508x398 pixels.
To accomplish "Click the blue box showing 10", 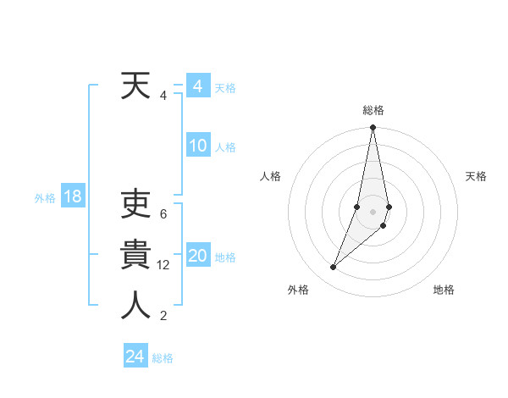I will coord(198,146).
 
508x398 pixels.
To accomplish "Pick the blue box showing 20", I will coord(198,256).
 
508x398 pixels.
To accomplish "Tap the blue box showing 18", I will coord(73,197).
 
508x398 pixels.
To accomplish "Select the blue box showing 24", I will coord(135,357).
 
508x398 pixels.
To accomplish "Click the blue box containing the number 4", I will coord(198,86).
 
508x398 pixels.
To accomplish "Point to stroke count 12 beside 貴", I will coord(163,265).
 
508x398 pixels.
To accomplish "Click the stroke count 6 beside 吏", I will coord(163,214).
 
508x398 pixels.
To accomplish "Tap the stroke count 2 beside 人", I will coord(163,316).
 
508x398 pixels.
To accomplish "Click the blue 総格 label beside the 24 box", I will coord(163,358).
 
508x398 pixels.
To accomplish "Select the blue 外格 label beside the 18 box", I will coord(45,198).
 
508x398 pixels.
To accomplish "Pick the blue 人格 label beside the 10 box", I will coord(225,147).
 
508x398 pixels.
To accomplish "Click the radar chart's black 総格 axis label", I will coord(373,110).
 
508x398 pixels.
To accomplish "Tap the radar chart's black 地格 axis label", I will coord(444,290).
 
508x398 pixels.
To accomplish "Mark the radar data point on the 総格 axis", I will coord(373,128).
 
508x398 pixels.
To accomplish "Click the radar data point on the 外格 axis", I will coord(333,267).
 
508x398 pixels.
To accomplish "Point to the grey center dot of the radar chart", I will coord(373,212).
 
